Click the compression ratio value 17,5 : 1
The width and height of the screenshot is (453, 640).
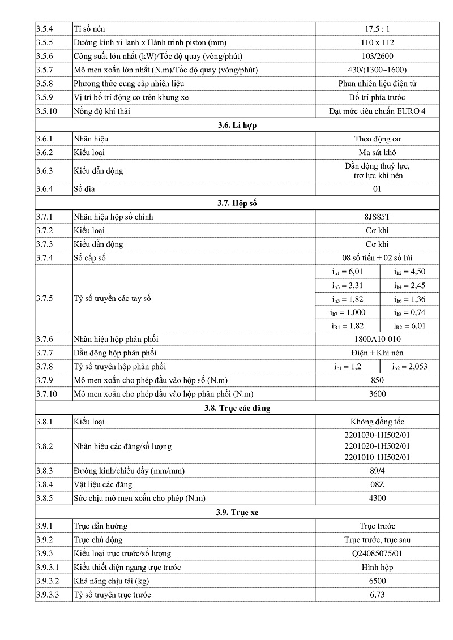377,29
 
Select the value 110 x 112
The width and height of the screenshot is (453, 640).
377,42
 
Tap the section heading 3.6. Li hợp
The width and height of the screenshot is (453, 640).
237,125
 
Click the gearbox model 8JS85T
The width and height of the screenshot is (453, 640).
377,217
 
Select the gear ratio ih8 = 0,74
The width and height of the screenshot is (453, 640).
409,312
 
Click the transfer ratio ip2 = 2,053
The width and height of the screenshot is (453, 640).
409,367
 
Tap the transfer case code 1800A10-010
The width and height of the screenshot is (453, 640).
377,340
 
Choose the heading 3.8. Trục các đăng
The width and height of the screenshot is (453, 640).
237,408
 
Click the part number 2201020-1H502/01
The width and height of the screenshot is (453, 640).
377,446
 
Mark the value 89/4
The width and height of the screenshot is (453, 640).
377,471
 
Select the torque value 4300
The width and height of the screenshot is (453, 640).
377,498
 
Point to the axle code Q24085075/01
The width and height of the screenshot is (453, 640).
377,553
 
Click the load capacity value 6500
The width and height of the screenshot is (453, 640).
377,581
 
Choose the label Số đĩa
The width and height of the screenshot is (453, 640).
84,189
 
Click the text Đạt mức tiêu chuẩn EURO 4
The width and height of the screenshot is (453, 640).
377,111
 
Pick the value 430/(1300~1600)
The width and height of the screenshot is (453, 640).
377,70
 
